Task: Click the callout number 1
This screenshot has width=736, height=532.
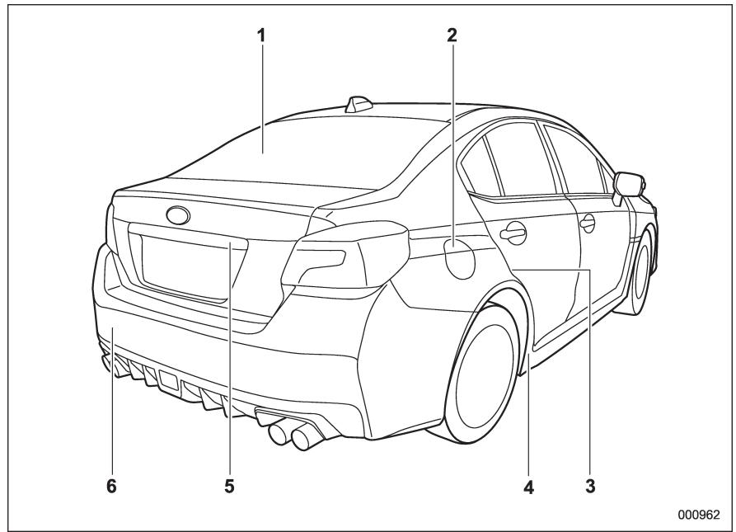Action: coord(262,37)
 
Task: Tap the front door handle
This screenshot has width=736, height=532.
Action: coord(588,221)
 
